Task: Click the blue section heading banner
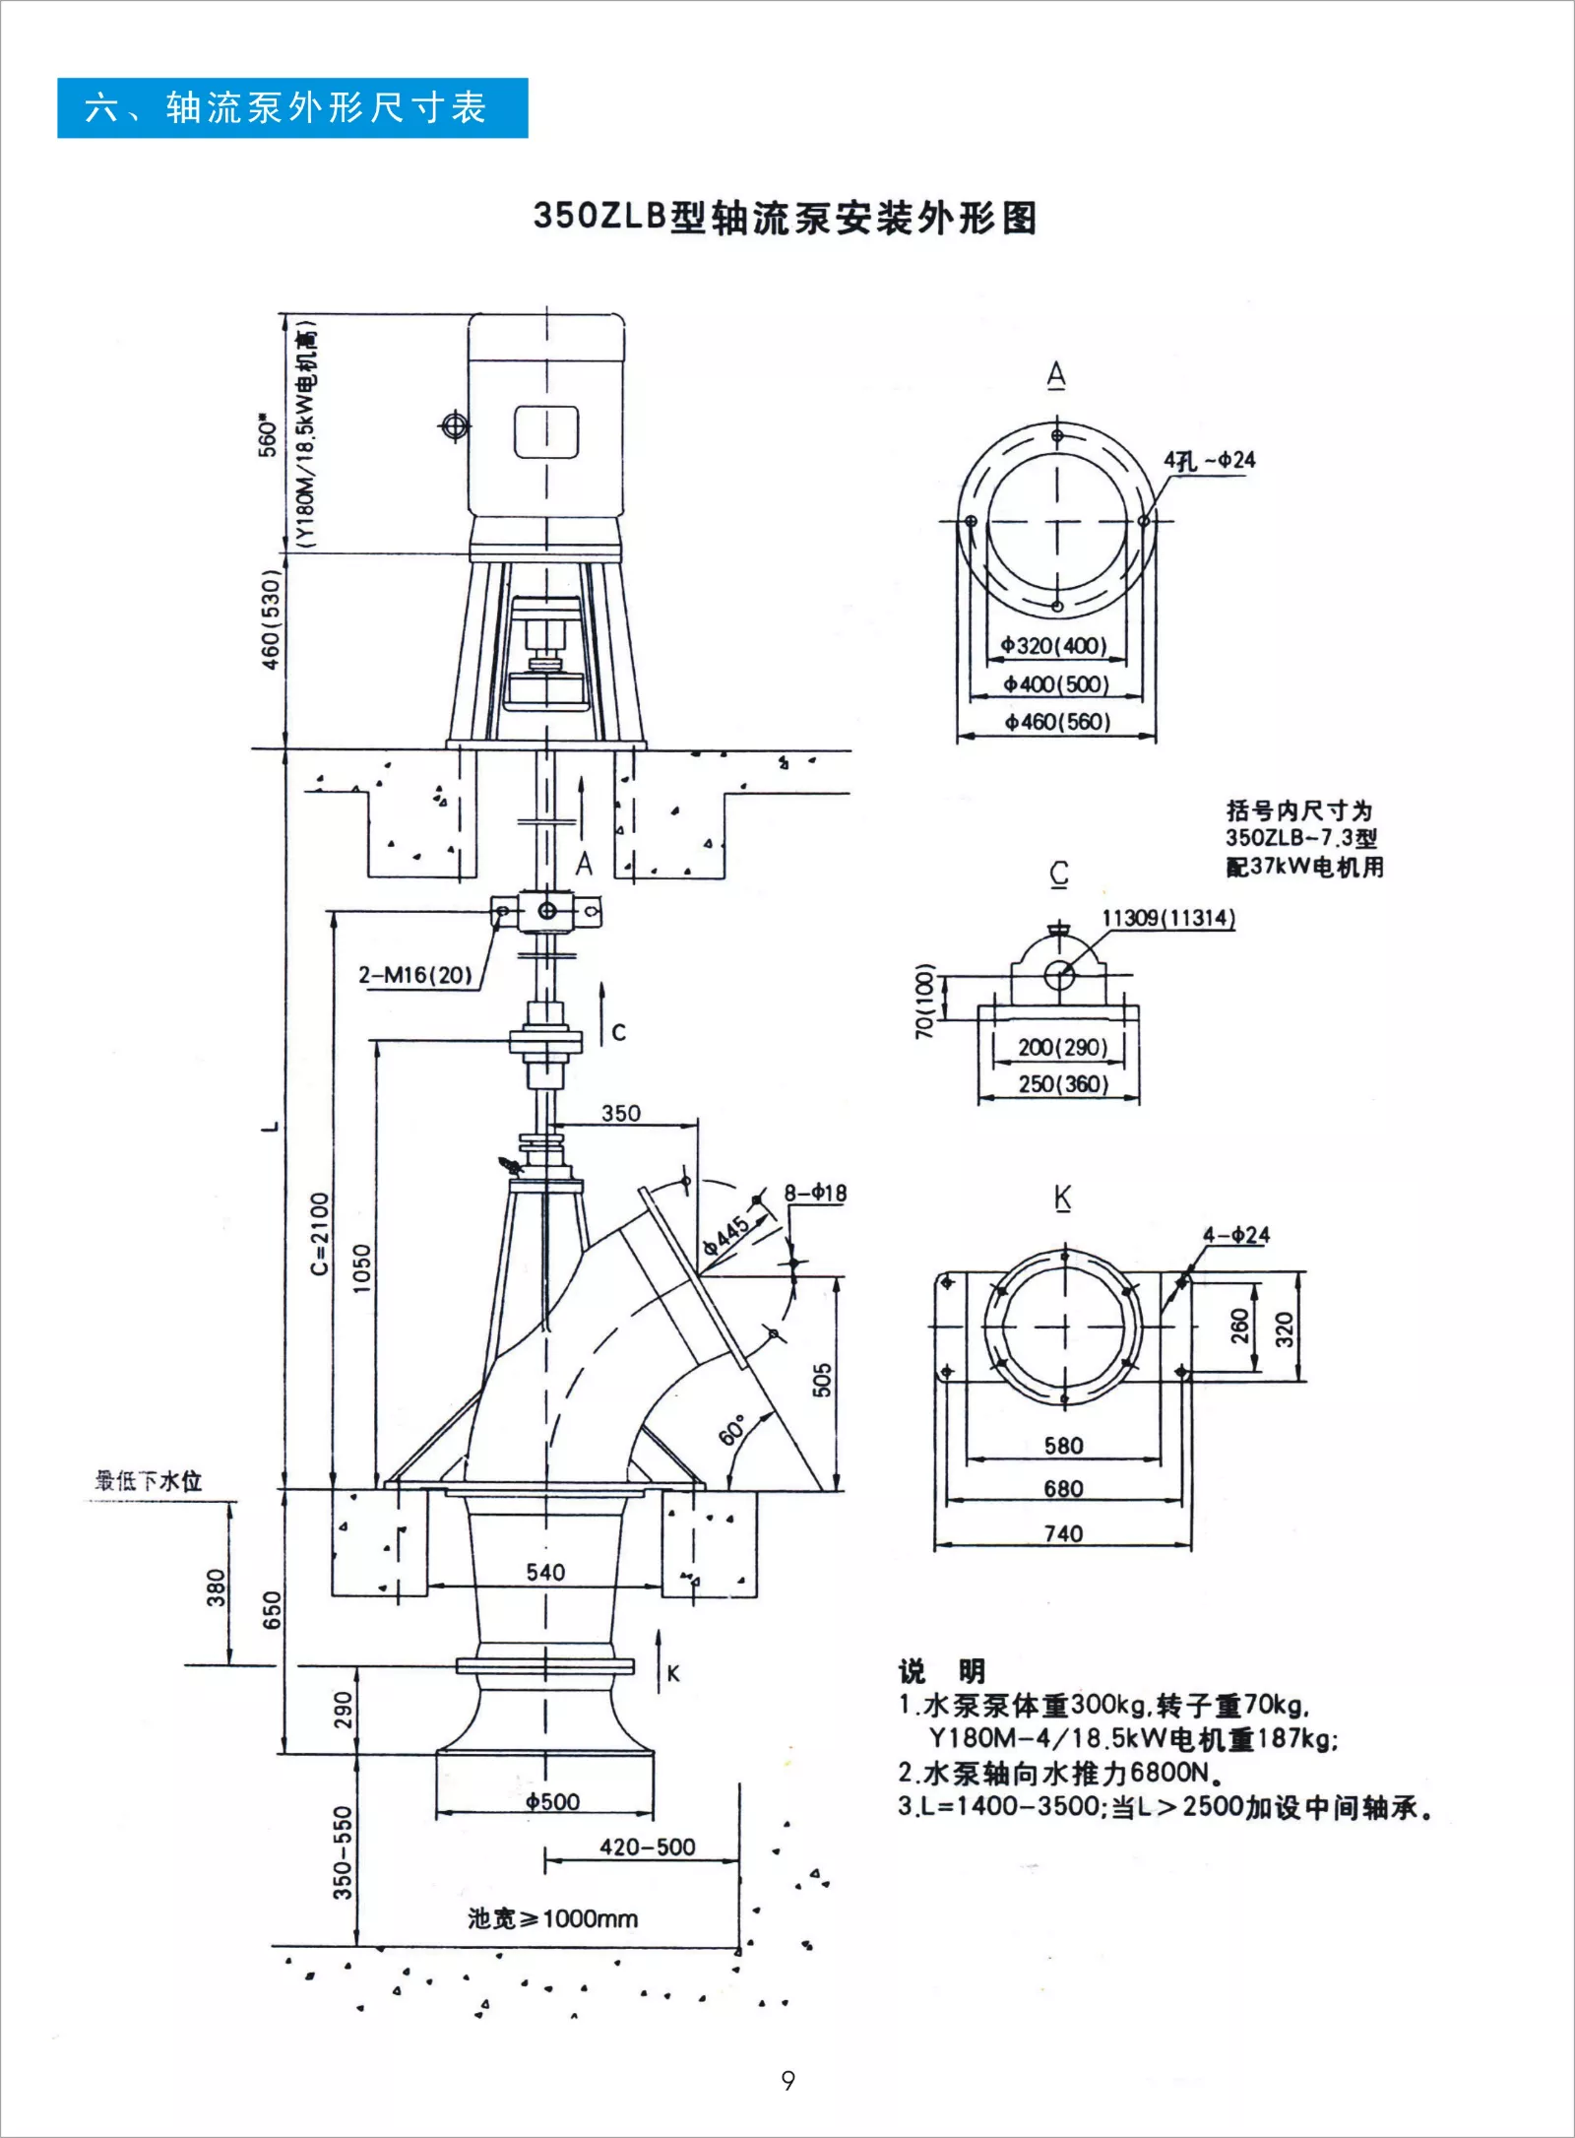click(x=292, y=107)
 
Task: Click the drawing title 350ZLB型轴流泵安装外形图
click(x=785, y=218)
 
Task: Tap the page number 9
click(x=787, y=2080)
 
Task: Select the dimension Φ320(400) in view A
click(x=1054, y=646)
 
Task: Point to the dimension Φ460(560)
click(x=1057, y=722)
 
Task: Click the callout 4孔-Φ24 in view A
click(x=1210, y=460)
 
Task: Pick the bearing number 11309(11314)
click(x=1167, y=918)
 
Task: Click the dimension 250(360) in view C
click(x=1063, y=1084)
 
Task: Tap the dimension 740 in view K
click(x=1063, y=1533)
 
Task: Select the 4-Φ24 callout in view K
click(x=1236, y=1235)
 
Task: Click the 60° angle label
click(x=733, y=1429)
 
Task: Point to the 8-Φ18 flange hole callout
click(x=815, y=1194)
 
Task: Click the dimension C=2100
click(x=320, y=1233)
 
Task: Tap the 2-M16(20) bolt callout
click(x=415, y=975)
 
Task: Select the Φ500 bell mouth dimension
click(x=552, y=1801)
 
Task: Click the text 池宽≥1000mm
click(x=552, y=1917)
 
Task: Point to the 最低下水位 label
click(x=149, y=1480)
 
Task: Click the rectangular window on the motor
click(x=546, y=431)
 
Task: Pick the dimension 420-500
click(x=648, y=1846)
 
